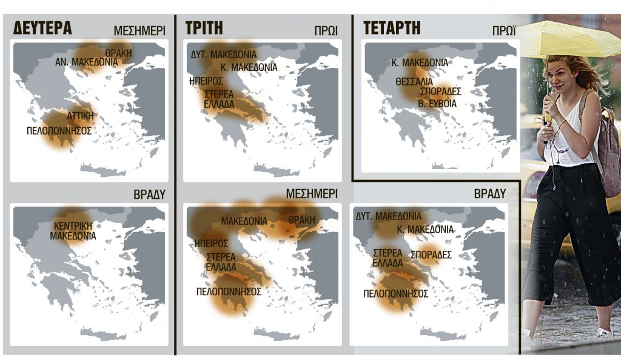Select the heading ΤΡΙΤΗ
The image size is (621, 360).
[x=203, y=28]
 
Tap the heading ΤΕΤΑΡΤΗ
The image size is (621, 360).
[x=392, y=28]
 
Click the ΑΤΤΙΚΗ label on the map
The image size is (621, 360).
[x=80, y=115]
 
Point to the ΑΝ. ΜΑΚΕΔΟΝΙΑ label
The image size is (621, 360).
[x=87, y=62]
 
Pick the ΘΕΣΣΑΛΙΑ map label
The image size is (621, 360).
[x=414, y=81]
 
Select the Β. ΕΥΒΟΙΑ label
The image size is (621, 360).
[x=437, y=104]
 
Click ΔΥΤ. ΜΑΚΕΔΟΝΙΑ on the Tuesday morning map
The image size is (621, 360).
[x=224, y=55]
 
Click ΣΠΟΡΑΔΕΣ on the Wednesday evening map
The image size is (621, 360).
[x=431, y=255]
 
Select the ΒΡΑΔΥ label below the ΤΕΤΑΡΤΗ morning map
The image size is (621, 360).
[x=489, y=194]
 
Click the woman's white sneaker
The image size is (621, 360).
[x=603, y=333]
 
